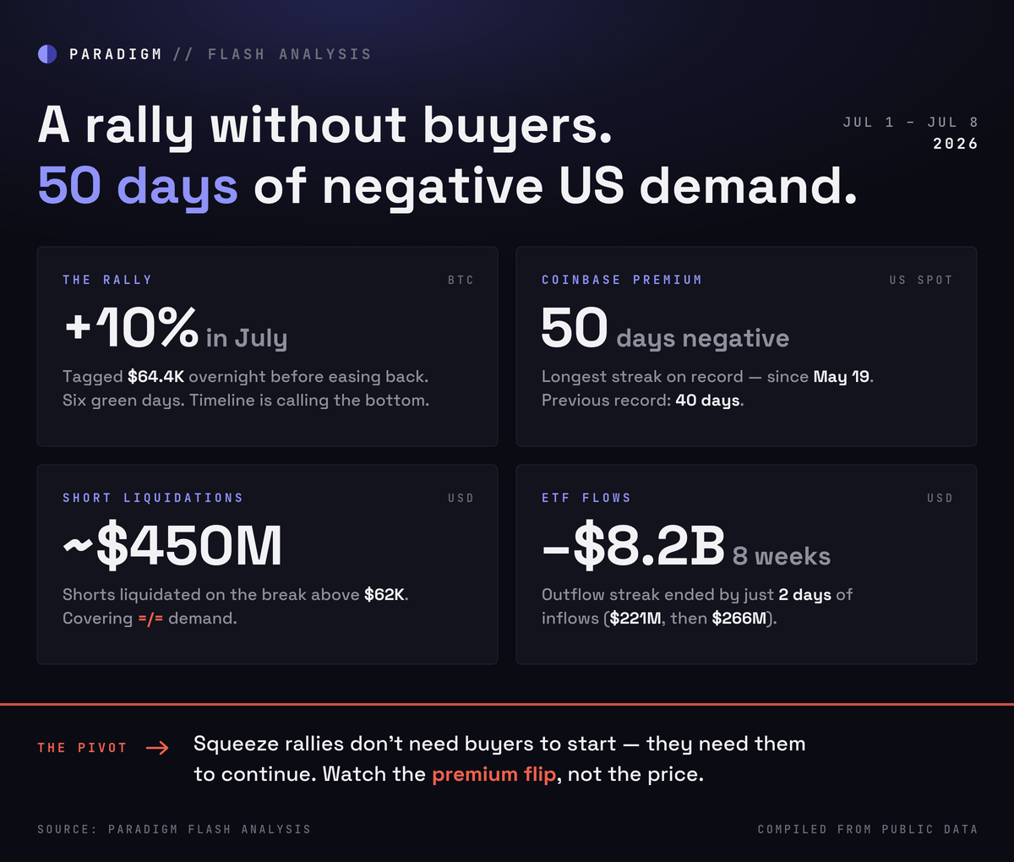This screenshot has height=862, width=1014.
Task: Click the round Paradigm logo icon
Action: point(47,54)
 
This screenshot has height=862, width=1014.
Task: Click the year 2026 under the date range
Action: point(955,144)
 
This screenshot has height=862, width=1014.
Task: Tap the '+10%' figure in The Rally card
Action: point(132,327)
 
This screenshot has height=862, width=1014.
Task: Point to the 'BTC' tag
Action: point(461,280)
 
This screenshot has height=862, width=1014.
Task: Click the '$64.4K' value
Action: point(155,377)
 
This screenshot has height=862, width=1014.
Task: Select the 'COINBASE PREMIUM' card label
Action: point(622,280)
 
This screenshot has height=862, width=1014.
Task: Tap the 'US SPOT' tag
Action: point(921,280)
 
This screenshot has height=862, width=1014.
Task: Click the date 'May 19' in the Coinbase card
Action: point(842,377)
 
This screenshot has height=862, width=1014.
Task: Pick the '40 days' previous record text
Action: point(707,401)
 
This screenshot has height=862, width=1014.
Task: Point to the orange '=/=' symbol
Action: point(150,619)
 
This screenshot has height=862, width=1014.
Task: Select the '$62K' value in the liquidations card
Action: point(384,595)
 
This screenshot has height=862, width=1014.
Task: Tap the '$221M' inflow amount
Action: point(635,618)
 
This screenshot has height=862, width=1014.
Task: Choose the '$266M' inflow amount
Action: point(739,618)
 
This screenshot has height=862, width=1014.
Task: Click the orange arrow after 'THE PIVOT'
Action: point(157,748)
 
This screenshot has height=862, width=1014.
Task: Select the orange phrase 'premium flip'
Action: point(494,775)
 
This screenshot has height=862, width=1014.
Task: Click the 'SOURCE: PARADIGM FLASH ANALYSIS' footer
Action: point(174,830)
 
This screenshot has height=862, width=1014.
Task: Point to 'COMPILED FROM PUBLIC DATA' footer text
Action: point(868,830)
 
